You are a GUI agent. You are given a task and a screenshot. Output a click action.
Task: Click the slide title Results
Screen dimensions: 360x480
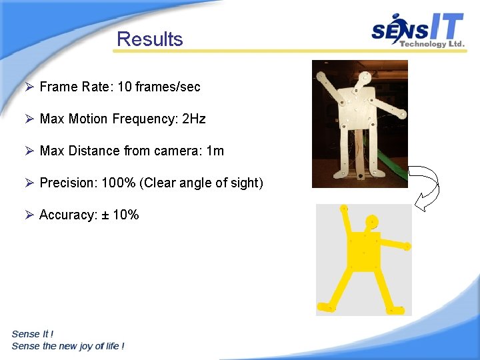(x=149, y=39)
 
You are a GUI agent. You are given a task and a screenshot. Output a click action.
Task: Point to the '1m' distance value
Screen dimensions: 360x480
(x=215, y=151)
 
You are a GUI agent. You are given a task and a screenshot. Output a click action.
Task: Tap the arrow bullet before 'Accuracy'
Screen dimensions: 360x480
(x=29, y=215)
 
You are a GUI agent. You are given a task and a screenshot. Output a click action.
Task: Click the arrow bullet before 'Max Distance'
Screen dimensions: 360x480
(x=29, y=151)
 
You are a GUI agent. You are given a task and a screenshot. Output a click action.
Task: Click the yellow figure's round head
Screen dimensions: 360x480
(x=371, y=221)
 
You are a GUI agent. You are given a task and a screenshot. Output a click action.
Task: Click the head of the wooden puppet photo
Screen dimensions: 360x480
(x=364, y=79)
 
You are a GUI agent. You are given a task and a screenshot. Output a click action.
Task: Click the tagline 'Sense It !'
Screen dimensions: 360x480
(x=33, y=334)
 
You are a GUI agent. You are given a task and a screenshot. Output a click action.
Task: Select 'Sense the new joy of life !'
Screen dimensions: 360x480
(x=68, y=346)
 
